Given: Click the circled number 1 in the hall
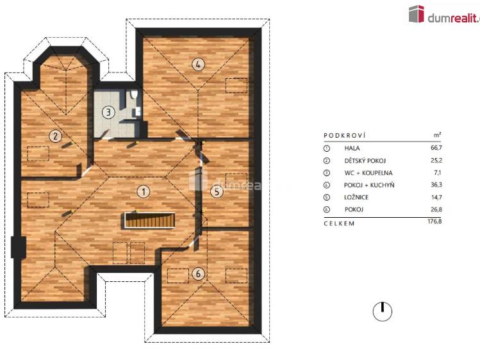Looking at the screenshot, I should [x=145, y=191].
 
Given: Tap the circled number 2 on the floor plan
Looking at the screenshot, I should [x=56, y=135].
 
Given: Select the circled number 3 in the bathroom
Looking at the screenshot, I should [x=109, y=112].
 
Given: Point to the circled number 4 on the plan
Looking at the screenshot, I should [x=199, y=64].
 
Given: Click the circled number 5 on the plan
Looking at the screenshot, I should [x=217, y=191].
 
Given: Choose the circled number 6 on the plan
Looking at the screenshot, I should [x=199, y=274].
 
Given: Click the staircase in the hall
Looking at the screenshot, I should [x=150, y=221].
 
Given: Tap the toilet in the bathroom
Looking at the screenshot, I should [x=134, y=96].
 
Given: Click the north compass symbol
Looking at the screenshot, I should [x=382, y=311].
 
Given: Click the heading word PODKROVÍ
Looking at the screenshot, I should [x=345, y=136].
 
